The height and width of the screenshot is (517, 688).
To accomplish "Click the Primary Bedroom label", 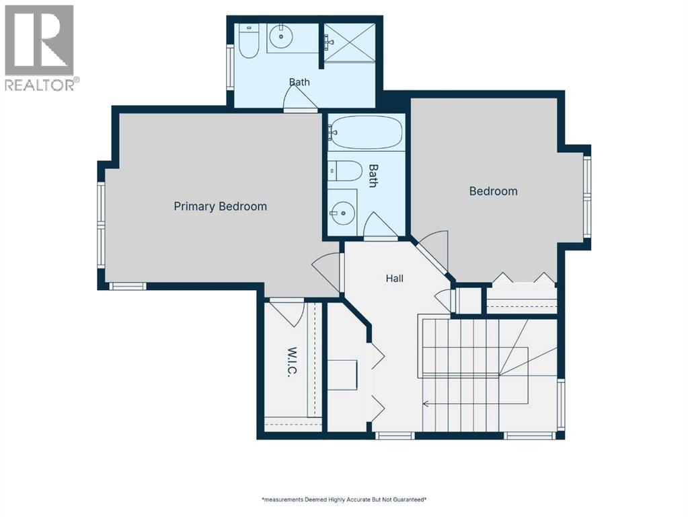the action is pyautogui.click(x=221, y=207).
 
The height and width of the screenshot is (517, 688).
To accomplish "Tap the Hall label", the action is pyautogui.click(x=395, y=278).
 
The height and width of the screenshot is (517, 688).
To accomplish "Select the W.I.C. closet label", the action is pyautogui.click(x=293, y=362).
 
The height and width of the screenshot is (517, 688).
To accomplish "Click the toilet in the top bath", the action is pyautogui.click(x=249, y=41).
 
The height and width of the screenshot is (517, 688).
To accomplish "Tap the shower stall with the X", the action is pyautogui.click(x=349, y=42).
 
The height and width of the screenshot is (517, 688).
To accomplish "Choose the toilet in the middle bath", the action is pyautogui.click(x=344, y=171).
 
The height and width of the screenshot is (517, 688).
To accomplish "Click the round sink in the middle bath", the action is pyautogui.click(x=342, y=213).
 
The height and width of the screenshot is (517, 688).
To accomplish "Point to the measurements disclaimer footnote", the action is pyautogui.click(x=344, y=499).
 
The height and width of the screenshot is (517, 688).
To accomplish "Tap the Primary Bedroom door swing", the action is pyautogui.click(x=326, y=273).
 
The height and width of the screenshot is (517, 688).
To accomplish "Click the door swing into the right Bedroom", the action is pyautogui.click(x=432, y=250).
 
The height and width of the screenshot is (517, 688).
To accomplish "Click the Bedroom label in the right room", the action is pyautogui.click(x=493, y=191).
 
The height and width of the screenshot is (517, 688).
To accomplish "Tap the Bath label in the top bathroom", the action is pyautogui.click(x=299, y=82).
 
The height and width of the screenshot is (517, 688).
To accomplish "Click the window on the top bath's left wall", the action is pyautogui.click(x=230, y=67).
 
